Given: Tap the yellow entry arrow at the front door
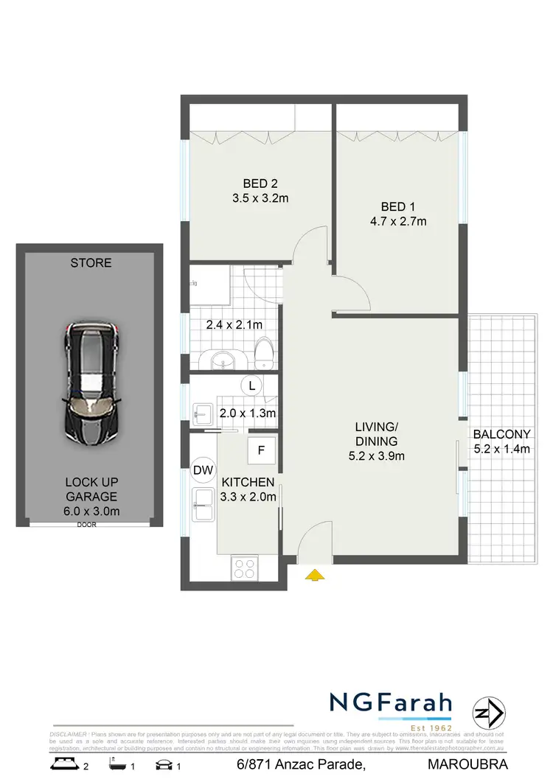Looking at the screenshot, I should (316, 576).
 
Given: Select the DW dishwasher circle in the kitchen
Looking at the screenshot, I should (202, 469).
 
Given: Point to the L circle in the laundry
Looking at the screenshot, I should (252, 385).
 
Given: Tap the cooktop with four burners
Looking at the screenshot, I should (245, 568).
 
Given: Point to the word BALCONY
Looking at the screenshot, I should (501, 434).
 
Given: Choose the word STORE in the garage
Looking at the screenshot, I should (91, 262).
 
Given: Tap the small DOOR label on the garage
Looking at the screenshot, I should (87, 526).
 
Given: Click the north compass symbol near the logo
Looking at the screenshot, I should (489, 713).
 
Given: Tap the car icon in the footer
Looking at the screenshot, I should (164, 764).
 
